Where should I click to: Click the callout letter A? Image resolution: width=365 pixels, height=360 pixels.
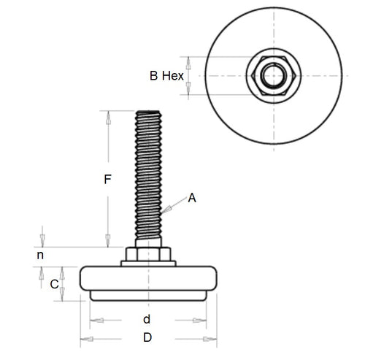(x=192, y=197)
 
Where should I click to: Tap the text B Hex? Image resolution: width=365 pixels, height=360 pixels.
(x=166, y=75)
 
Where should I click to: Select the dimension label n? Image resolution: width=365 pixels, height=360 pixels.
(x=41, y=256)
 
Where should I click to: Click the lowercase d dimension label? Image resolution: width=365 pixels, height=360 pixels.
(x=147, y=319)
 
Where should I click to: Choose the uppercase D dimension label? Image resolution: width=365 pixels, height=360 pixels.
(x=147, y=338)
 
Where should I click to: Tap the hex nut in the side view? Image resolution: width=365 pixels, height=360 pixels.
(x=147, y=253)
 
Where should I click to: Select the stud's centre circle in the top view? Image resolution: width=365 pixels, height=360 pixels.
(x=272, y=75)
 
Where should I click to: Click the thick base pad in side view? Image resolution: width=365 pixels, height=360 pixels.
(x=148, y=278)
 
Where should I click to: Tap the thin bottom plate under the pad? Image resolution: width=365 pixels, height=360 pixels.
(x=148, y=296)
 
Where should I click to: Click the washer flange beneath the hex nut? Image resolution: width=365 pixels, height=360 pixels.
(x=148, y=263)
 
